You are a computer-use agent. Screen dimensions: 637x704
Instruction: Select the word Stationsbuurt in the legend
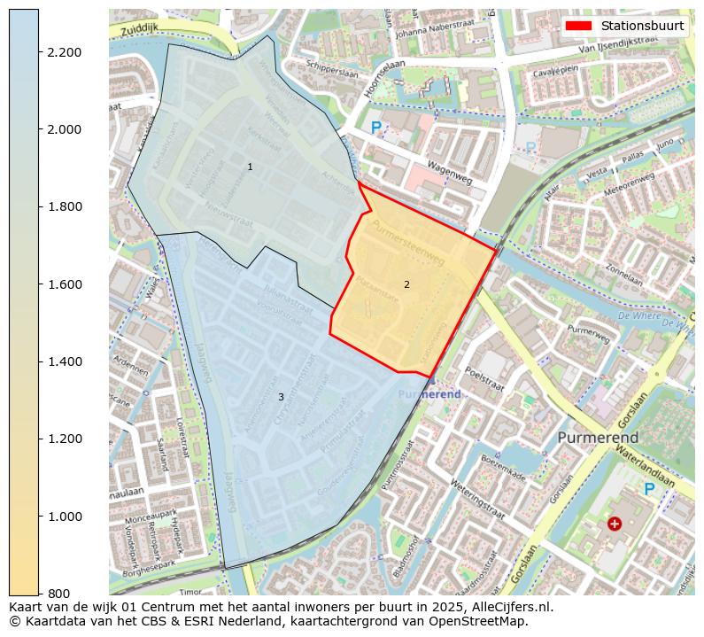click(x=642, y=26)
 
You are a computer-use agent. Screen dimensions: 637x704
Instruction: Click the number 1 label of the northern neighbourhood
click(x=250, y=167)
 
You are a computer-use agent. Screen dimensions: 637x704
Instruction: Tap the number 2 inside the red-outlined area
click(x=406, y=285)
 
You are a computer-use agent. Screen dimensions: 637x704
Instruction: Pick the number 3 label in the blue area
click(x=281, y=398)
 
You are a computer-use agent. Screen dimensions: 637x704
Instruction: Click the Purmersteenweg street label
click(x=408, y=243)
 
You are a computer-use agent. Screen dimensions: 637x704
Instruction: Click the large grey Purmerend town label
click(x=598, y=439)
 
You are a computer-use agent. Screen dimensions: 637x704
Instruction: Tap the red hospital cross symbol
click(x=615, y=524)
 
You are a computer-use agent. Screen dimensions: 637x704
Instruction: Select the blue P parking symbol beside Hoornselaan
click(x=376, y=128)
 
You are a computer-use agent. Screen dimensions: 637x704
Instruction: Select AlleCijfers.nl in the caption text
click(x=509, y=607)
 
